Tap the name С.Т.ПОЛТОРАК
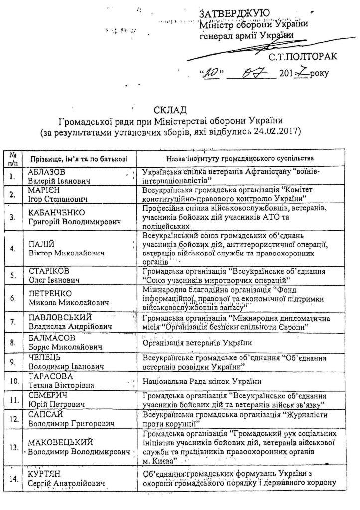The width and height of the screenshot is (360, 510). click(x=303, y=57)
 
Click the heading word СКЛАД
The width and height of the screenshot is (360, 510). click(x=171, y=110)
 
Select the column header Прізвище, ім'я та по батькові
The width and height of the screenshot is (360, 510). click(x=79, y=159)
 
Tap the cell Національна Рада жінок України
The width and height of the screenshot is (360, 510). click(x=202, y=382)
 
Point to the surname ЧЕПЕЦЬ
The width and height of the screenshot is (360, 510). click(x=45, y=358)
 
